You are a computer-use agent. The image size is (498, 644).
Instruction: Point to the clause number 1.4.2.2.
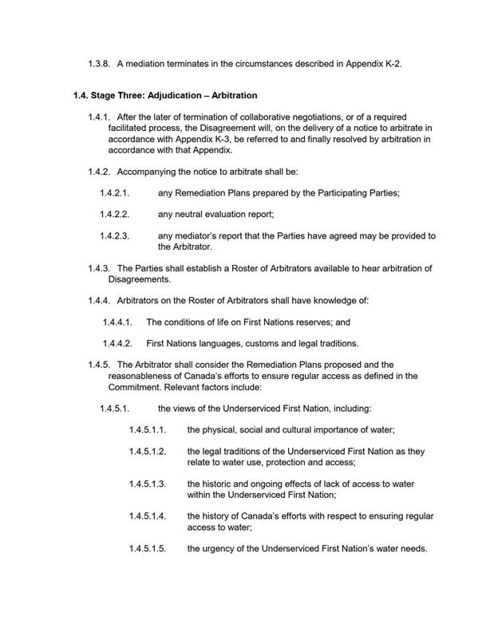click(x=115, y=214)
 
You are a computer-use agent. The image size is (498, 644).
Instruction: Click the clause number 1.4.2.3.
click(x=115, y=235)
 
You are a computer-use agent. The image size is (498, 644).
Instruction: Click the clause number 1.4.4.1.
click(x=117, y=322)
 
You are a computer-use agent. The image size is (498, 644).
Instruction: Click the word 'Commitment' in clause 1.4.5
click(x=133, y=387)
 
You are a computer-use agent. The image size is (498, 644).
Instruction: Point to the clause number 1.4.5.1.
click(x=115, y=409)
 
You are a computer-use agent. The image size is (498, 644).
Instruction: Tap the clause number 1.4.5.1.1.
click(x=148, y=429)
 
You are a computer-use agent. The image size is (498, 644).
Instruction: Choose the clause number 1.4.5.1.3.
click(x=148, y=484)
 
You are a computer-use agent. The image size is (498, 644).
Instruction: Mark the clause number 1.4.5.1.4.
click(x=148, y=516)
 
